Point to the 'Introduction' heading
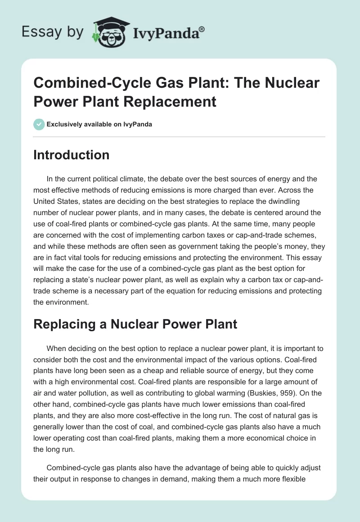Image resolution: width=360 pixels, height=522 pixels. click(x=72, y=155)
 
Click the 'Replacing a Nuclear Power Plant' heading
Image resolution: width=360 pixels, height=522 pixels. click(x=135, y=324)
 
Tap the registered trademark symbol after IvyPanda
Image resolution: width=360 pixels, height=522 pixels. click(x=202, y=29)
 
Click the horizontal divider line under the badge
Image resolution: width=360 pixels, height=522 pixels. click(x=180, y=136)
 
